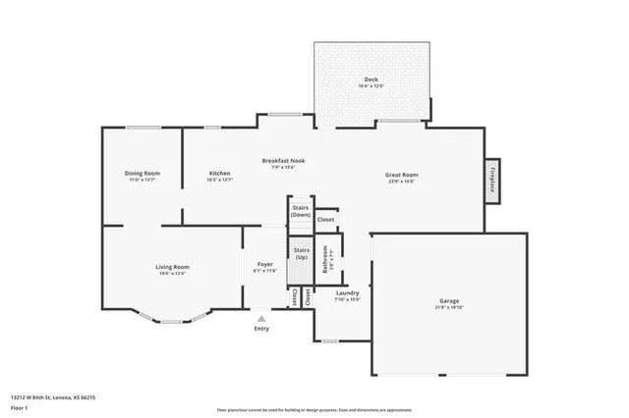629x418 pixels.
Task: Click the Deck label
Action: (371, 79)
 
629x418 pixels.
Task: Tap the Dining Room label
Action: (142, 174)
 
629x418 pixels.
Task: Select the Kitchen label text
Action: (219, 174)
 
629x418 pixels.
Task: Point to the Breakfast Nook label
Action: (283, 160)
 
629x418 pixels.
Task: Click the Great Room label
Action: (402, 174)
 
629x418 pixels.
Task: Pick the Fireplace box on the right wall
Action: (491, 182)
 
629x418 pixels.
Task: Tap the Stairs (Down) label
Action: (301, 211)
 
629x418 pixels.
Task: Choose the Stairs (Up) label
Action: (302, 253)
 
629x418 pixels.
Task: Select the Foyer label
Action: (265, 264)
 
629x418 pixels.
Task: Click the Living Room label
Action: (172, 267)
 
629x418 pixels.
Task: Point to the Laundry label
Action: (348, 292)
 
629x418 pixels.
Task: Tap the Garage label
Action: (449, 300)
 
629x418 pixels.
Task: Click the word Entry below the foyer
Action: (261, 328)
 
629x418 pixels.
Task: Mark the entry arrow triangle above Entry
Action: (261, 317)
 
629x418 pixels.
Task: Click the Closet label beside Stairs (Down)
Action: (325, 220)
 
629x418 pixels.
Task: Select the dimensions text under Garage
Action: (449, 308)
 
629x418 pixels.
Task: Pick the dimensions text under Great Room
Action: (402, 182)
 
